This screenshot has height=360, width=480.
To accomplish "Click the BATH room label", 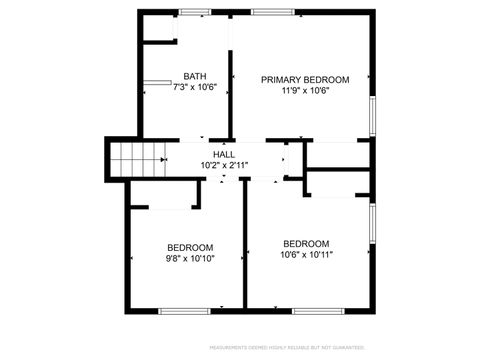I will click(x=195, y=77).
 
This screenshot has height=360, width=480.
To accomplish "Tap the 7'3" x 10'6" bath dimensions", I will click(x=195, y=88).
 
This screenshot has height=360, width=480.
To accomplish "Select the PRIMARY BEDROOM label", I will click(x=305, y=79).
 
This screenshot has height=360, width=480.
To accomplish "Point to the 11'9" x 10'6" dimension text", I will click(x=305, y=91).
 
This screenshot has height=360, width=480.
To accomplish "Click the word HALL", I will click(x=224, y=155).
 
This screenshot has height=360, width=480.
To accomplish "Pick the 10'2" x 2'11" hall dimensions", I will click(x=224, y=165).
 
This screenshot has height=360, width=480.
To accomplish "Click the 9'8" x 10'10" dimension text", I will click(x=190, y=258).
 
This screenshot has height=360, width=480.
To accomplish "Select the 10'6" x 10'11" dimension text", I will click(x=306, y=254).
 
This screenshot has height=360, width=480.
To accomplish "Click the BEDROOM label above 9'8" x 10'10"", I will click(x=190, y=247).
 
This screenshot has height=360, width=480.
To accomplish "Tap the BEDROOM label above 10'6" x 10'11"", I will click(x=306, y=243).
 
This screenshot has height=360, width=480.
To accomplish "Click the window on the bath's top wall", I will click(x=195, y=12).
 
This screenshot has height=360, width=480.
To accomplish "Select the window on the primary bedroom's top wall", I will click(x=267, y=12).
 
